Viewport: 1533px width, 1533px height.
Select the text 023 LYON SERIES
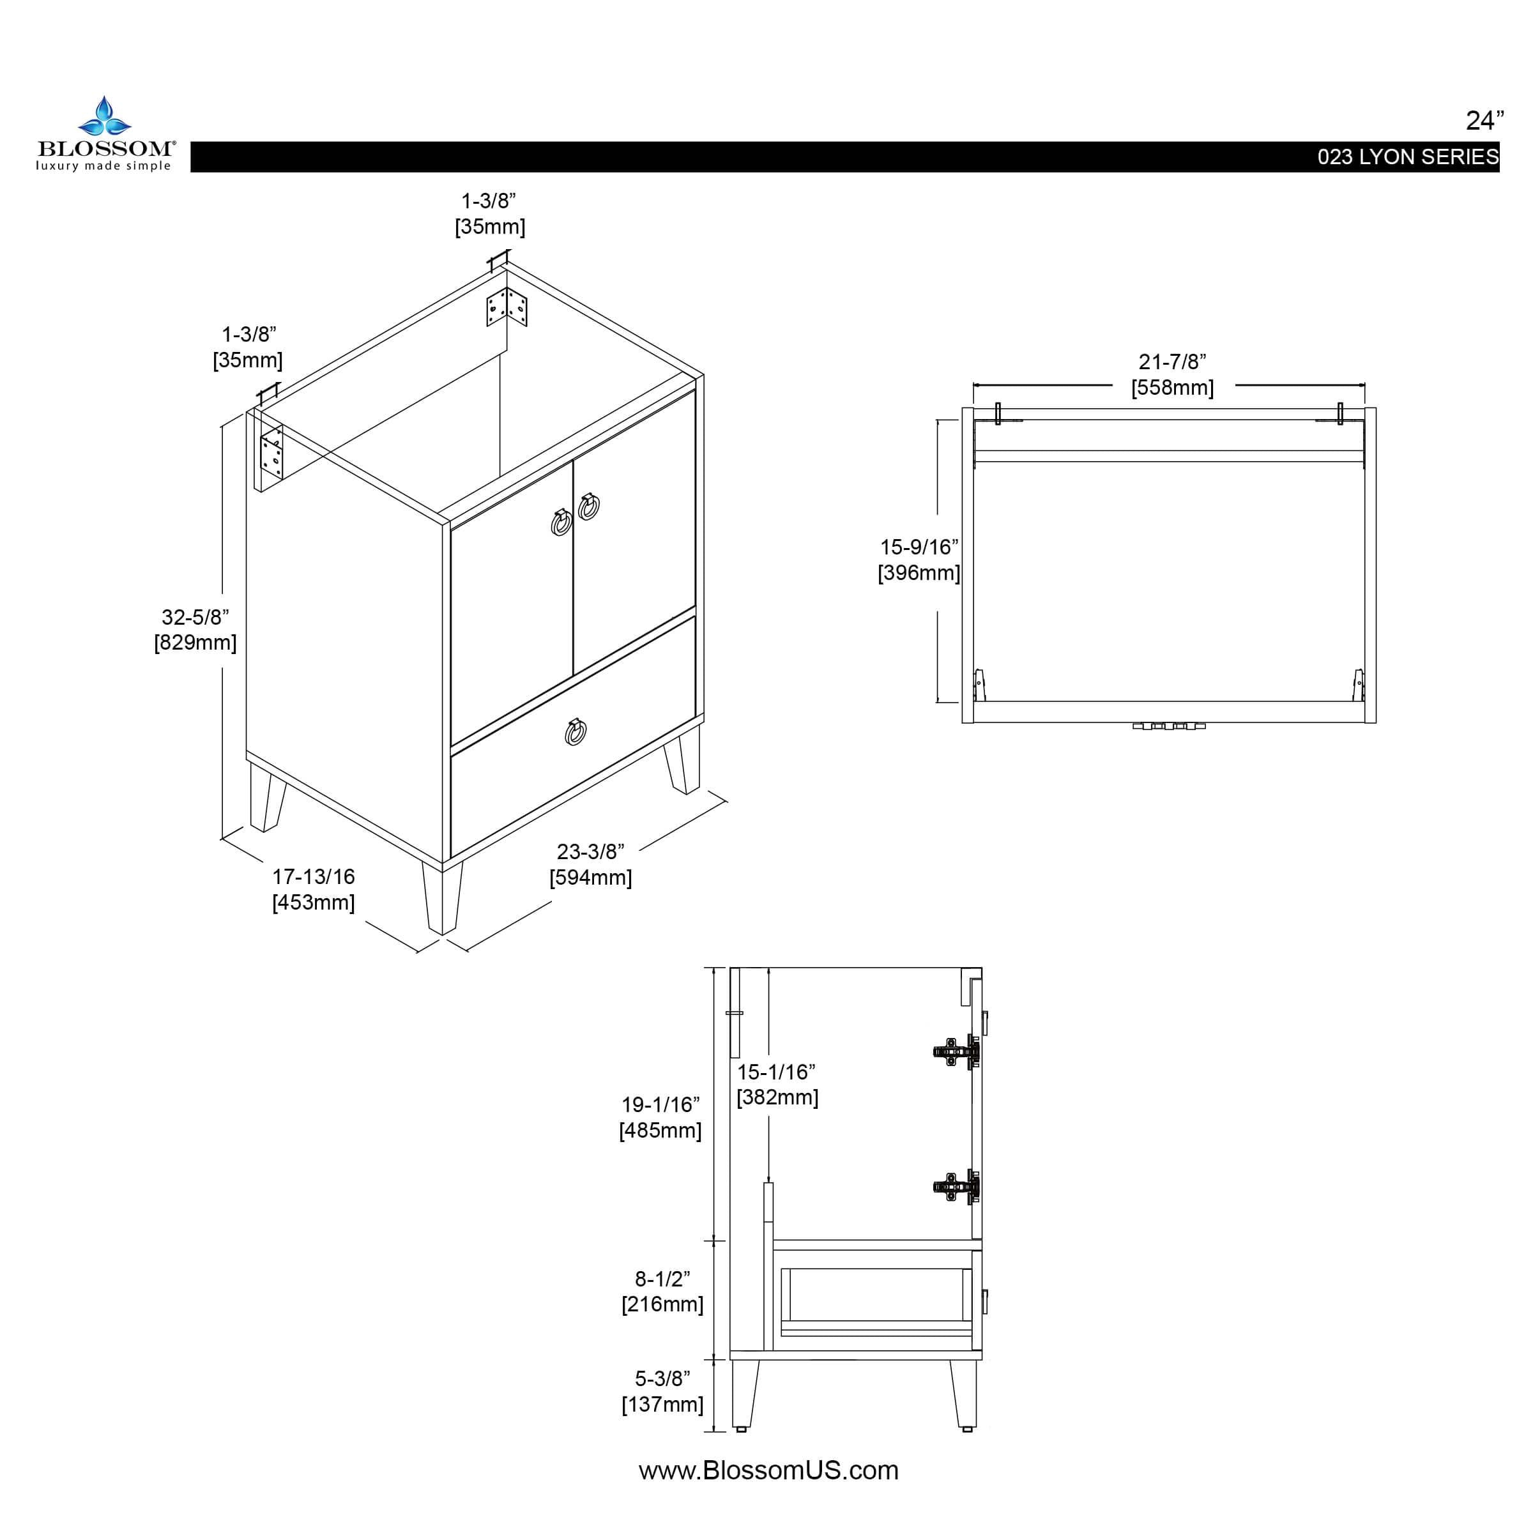pyautogui.click(x=1408, y=157)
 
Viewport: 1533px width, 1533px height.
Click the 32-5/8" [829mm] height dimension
pyautogui.click(x=195, y=629)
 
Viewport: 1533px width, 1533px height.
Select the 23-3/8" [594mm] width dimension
pyautogui.click(x=590, y=864)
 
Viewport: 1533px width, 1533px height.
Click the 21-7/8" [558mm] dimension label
pyautogui.click(x=1172, y=374)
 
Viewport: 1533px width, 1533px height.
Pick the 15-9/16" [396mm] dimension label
pyautogui.click(x=919, y=560)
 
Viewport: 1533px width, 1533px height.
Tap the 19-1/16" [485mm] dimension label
pyautogui.click(x=660, y=1117)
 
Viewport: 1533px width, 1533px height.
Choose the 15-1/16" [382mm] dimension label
pyautogui.click(x=777, y=1085)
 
